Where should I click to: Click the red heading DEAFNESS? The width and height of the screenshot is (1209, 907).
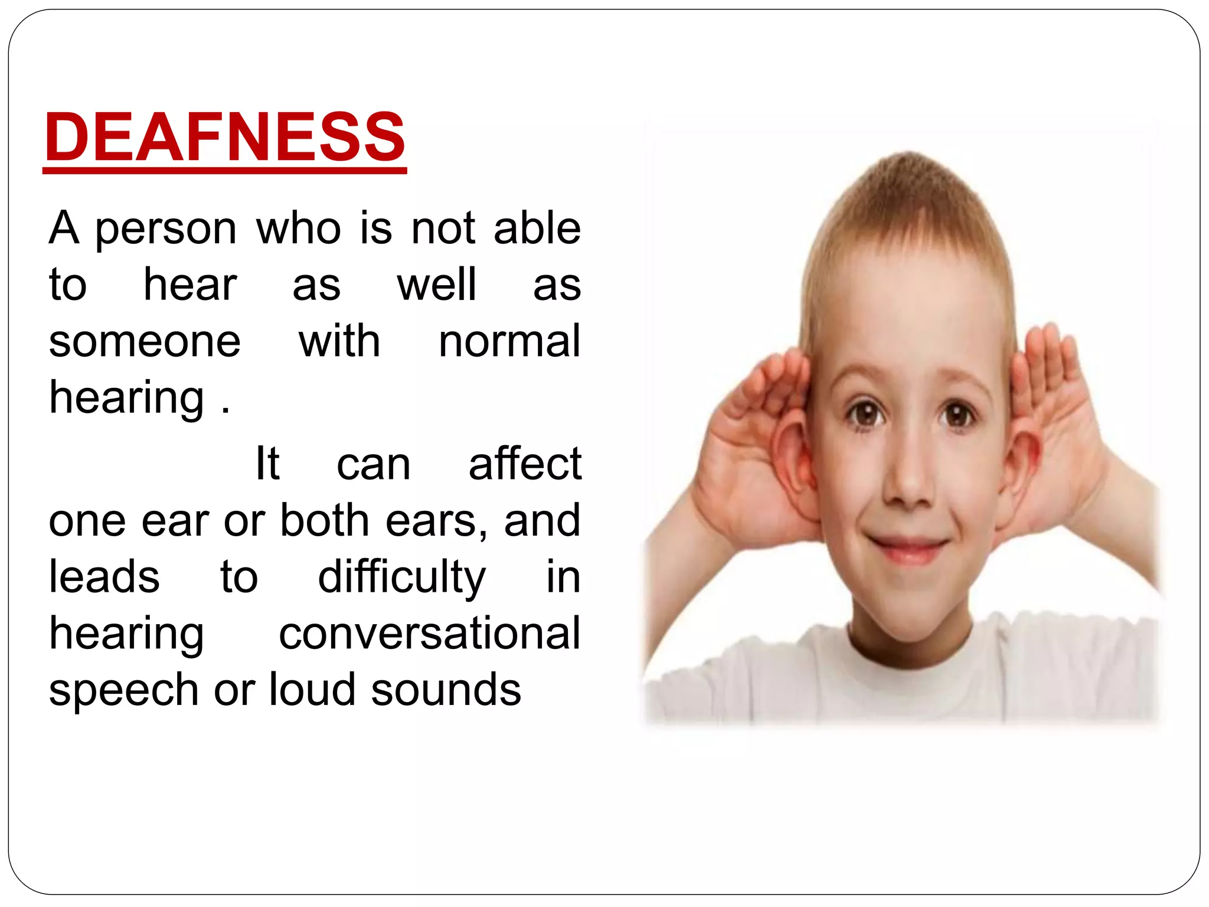[x=225, y=137]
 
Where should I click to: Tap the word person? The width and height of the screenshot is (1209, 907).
[x=165, y=229]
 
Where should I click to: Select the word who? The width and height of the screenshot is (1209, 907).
[x=299, y=228]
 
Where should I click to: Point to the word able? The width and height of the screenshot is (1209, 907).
[x=537, y=228]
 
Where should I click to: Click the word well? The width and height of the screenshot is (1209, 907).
[x=436, y=285]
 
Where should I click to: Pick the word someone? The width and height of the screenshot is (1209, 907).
[x=145, y=341]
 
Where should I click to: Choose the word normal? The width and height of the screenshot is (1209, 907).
[x=509, y=341]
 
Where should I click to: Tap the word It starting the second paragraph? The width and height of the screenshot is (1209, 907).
[x=267, y=464]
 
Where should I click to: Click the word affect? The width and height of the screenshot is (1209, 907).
[x=525, y=464]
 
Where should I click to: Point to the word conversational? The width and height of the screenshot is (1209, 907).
[x=430, y=633]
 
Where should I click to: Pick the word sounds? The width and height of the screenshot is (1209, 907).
[x=446, y=689]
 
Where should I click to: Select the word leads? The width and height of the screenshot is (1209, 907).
[x=104, y=576]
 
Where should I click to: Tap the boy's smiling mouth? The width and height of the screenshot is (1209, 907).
[x=910, y=546]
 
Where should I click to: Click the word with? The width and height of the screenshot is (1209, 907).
[x=339, y=341]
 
